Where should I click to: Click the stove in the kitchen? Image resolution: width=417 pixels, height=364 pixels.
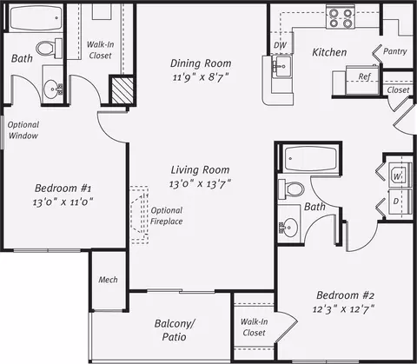click(x=341, y=17)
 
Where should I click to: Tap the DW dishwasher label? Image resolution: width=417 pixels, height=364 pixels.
click(x=280, y=45)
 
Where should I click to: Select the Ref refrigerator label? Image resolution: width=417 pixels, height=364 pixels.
click(x=364, y=76)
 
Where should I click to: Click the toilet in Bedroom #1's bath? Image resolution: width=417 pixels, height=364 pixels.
click(x=50, y=48)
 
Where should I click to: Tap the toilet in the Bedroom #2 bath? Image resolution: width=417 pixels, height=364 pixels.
click(x=291, y=189)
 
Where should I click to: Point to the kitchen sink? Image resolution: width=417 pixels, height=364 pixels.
click(x=281, y=67)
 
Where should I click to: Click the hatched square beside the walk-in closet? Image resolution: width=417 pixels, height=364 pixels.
click(x=122, y=89)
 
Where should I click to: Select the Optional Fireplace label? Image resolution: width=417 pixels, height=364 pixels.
click(x=167, y=215)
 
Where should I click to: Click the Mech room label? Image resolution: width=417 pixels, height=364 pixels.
click(x=108, y=280)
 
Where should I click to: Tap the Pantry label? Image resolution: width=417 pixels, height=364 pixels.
click(x=395, y=51)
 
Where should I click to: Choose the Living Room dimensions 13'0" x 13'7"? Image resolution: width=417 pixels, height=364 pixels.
click(x=200, y=184)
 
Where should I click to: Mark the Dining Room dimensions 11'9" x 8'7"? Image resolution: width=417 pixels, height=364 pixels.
click(x=201, y=77)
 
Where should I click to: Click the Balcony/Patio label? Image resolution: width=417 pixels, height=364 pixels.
click(x=175, y=330)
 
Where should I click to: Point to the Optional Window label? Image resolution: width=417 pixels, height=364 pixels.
click(x=23, y=130)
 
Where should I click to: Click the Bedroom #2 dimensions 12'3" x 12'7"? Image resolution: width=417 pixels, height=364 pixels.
click(x=344, y=309)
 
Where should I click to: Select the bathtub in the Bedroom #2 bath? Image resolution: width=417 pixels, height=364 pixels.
click(x=310, y=159)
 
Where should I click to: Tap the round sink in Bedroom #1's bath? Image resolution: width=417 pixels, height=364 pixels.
click(x=53, y=89)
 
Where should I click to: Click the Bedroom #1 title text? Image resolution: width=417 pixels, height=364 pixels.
click(x=63, y=189)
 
